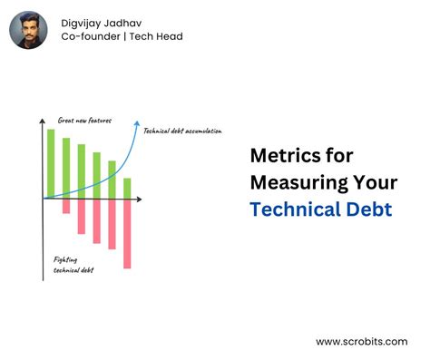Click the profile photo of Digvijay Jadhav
[29, 30]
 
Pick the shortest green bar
[127, 187]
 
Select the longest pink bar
[127, 233]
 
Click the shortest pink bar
[66, 206]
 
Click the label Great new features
[83, 120]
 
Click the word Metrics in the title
[289, 156]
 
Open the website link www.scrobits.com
[362, 342]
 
